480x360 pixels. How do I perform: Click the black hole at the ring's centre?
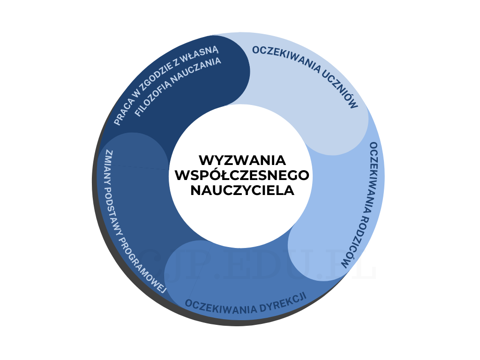pyautogui.click(x=240, y=176)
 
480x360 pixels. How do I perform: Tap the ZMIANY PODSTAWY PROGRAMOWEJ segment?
pyautogui.click(x=141, y=202)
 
